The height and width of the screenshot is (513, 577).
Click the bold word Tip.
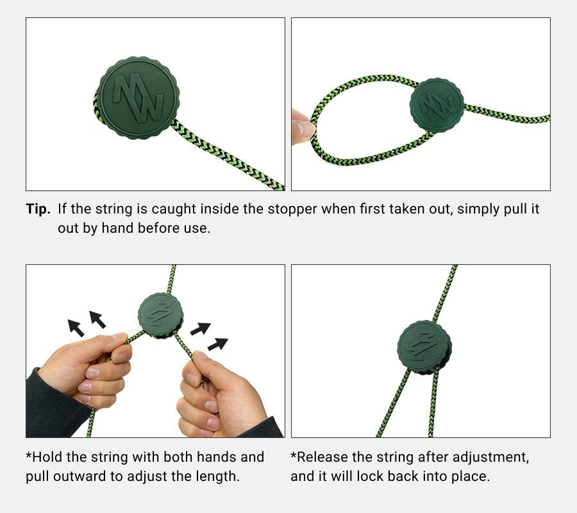pos(38,209)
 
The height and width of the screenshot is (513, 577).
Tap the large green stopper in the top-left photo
pos(138,98)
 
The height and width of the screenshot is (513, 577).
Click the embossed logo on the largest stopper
pos(138,98)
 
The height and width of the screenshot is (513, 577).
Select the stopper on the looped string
pos(437,105)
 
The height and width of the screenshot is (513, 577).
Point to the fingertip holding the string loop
pos(303,126)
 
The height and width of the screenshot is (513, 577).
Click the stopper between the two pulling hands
pos(161,315)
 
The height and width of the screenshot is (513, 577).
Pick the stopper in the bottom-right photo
pos(424,347)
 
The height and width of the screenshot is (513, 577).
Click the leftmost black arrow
pos(76,328)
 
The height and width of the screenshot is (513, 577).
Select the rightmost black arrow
pos(218,344)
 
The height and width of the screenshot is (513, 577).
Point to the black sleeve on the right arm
pos(262,428)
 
